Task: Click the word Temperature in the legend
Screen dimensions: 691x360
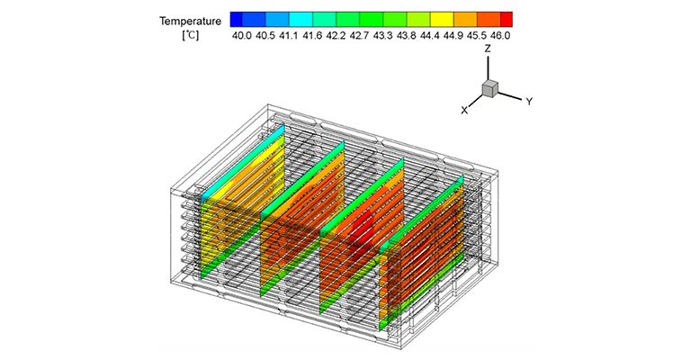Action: click(191, 22)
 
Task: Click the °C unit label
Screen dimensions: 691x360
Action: click(191, 35)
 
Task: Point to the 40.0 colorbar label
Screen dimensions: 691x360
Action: click(241, 36)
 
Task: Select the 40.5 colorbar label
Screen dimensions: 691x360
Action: click(265, 36)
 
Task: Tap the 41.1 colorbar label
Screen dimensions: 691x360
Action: click(289, 36)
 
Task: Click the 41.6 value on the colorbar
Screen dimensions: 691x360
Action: click(312, 36)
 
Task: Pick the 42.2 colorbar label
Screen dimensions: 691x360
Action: click(336, 36)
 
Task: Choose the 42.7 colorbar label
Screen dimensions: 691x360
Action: click(359, 36)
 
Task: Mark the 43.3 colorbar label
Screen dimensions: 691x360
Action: click(382, 36)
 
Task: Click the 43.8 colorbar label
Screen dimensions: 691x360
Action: click(406, 36)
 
